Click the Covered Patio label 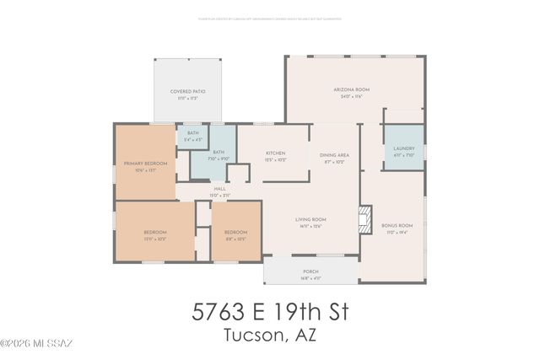coord(187,91)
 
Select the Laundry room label coord(404,148)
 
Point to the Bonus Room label coord(396,225)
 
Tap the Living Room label coord(311,219)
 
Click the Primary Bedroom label coord(145,163)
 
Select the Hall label coord(219,188)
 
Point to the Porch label coord(310,271)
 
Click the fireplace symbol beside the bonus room coord(364,219)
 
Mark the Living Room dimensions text coord(311,226)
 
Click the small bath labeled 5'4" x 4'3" coord(192,137)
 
